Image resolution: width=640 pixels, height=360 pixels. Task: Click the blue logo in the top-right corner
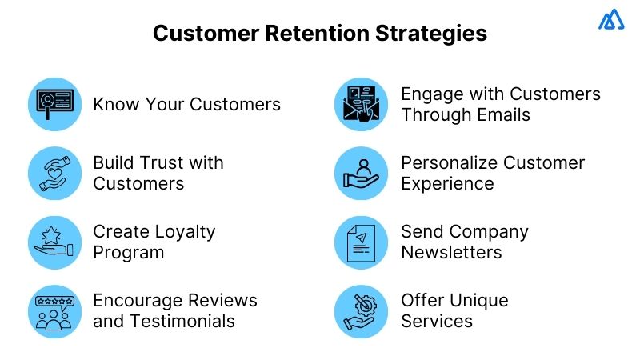pyautogui.click(x=611, y=20)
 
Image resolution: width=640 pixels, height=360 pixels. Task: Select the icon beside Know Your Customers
pyautogui.click(x=54, y=104)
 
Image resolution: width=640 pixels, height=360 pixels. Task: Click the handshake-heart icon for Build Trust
pyautogui.click(x=54, y=173)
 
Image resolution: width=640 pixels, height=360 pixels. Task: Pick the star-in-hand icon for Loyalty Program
pyautogui.click(x=54, y=242)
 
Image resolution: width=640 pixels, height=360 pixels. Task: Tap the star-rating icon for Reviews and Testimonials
pyautogui.click(x=54, y=311)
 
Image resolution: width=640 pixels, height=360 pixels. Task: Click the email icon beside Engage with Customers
pyautogui.click(x=361, y=104)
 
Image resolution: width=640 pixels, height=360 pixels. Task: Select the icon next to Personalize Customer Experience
pyautogui.click(x=361, y=173)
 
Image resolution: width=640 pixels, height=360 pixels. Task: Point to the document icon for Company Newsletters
pyautogui.click(x=361, y=242)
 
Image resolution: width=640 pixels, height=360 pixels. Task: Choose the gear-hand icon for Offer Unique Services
pyautogui.click(x=361, y=311)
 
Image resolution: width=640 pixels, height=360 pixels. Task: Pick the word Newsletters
pyautogui.click(x=451, y=253)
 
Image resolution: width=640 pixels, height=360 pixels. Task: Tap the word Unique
pyautogui.click(x=479, y=301)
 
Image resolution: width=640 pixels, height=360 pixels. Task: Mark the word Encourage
pyautogui.click(x=138, y=301)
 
